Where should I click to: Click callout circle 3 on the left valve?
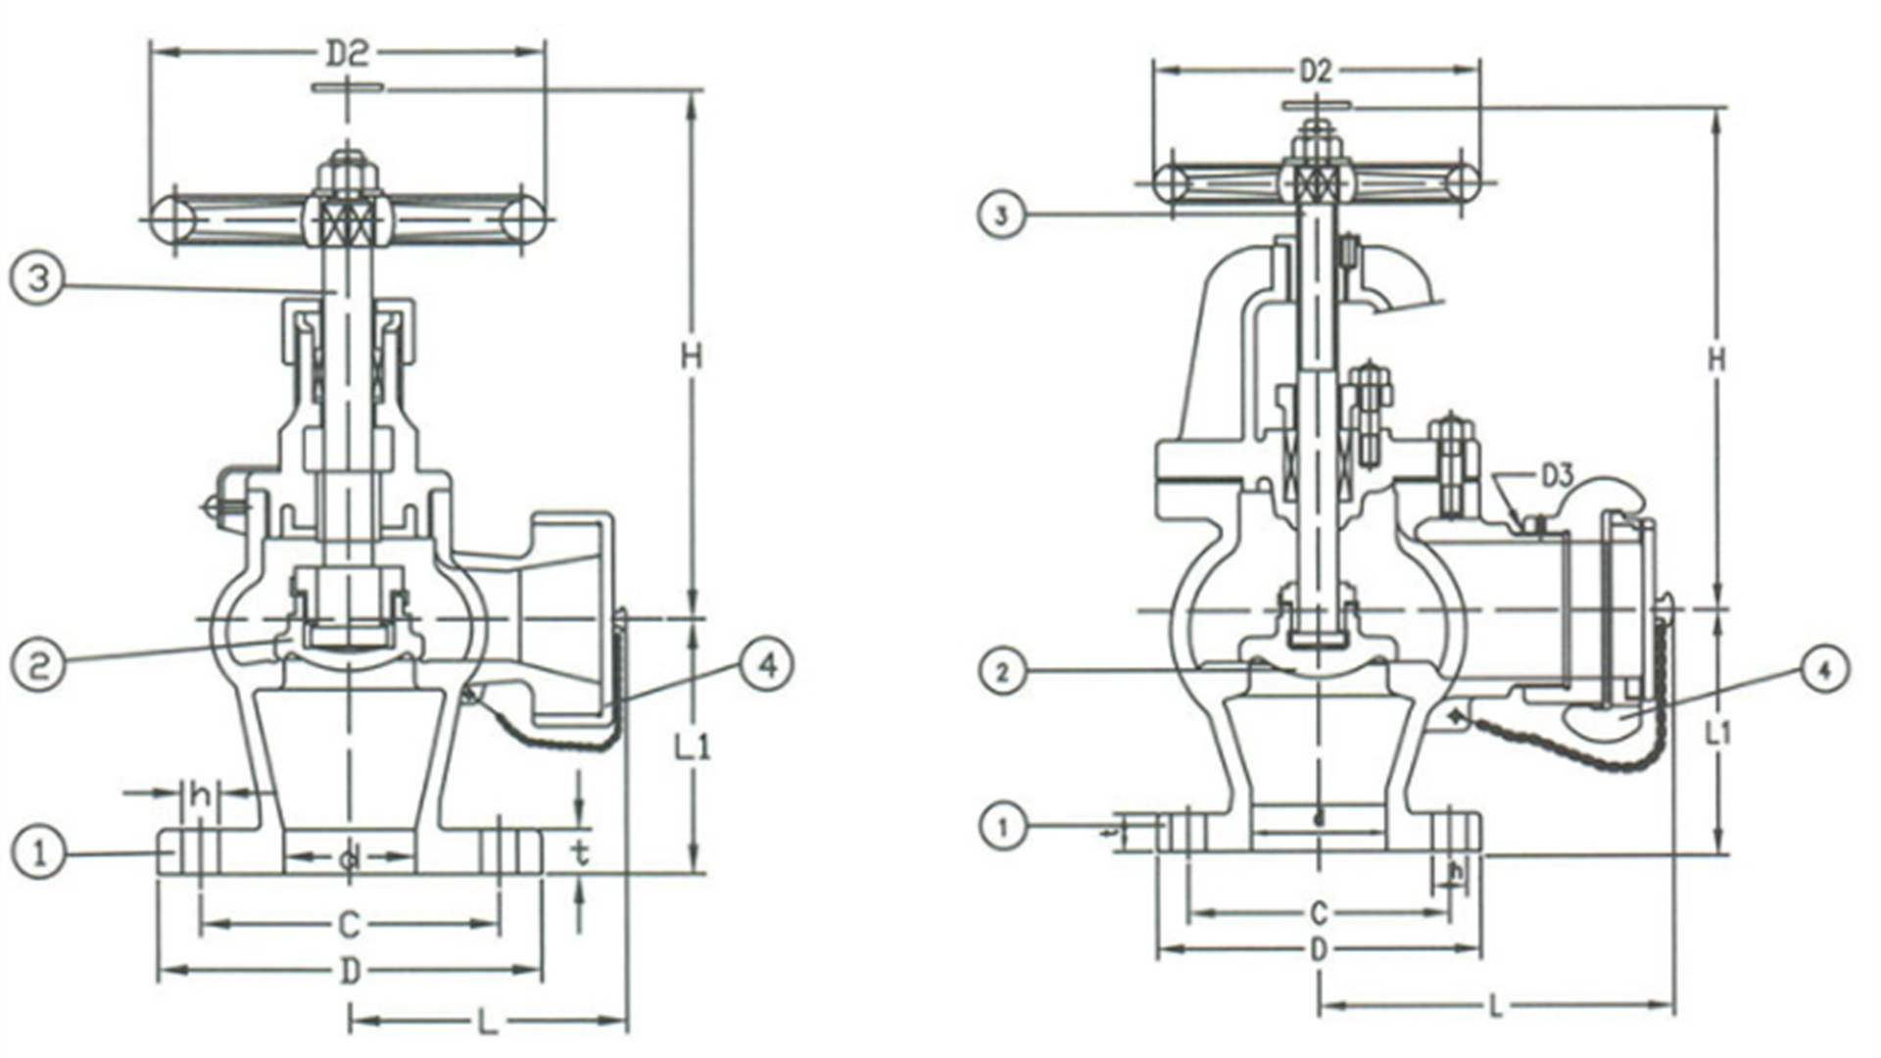(x=37, y=279)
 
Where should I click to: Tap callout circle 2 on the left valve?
(x=37, y=666)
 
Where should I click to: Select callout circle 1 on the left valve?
(x=37, y=853)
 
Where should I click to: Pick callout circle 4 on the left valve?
(x=767, y=666)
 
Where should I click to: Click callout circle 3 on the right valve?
(x=1001, y=215)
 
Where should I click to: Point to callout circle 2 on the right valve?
(x=1001, y=672)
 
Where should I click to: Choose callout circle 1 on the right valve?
(x=1001, y=827)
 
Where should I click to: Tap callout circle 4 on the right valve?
(x=1823, y=672)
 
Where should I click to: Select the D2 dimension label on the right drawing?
(x=1316, y=72)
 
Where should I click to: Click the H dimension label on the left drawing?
(x=693, y=359)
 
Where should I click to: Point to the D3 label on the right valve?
(x=1557, y=477)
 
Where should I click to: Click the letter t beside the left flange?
(x=581, y=854)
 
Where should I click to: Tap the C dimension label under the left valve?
(x=349, y=924)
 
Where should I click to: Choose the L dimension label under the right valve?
(x=1495, y=1007)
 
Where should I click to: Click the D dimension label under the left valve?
(x=350, y=972)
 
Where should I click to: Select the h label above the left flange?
(x=201, y=796)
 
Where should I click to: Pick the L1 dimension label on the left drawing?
(x=693, y=748)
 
